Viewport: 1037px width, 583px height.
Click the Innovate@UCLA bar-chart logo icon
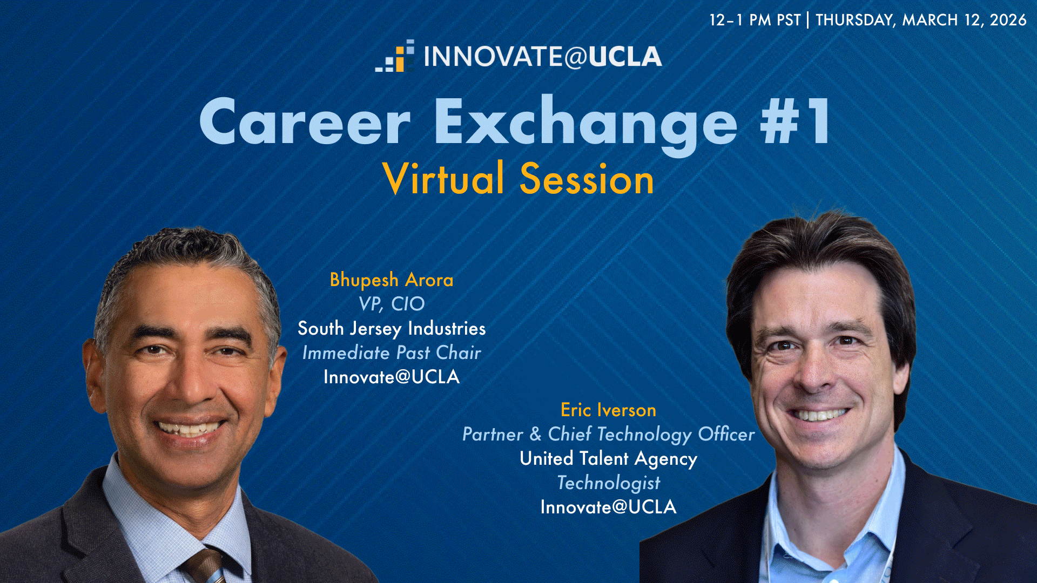pyautogui.click(x=395, y=56)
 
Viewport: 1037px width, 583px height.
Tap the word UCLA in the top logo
pyautogui.click(x=625, y=57)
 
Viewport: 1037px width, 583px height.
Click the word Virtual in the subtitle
pyautogui.click(x=443, y=178)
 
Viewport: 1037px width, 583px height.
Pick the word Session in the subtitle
pyautogui.click(x=587, y=179)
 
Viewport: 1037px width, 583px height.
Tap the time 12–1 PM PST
pyautogui.click(x=755, y=20)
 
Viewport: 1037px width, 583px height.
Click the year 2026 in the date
pyautogui.click(x=1008, y=20)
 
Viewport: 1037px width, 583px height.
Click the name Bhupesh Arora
pyautogui.click(x=392, y=280)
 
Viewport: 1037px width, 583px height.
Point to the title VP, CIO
pyautogui.click(x=392, y=304)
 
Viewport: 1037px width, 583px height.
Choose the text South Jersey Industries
pyautogui.click(x=392, y=328)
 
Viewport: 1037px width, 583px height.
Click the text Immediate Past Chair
pyautogui.click(x=392, y=352)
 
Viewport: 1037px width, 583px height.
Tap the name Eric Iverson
pyautogui.click(x=608, y=410)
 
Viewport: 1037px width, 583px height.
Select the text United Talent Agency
pyautogui.click(x=608, y=459)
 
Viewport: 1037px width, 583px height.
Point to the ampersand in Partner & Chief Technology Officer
pyautogui.click(x=535, y=434)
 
